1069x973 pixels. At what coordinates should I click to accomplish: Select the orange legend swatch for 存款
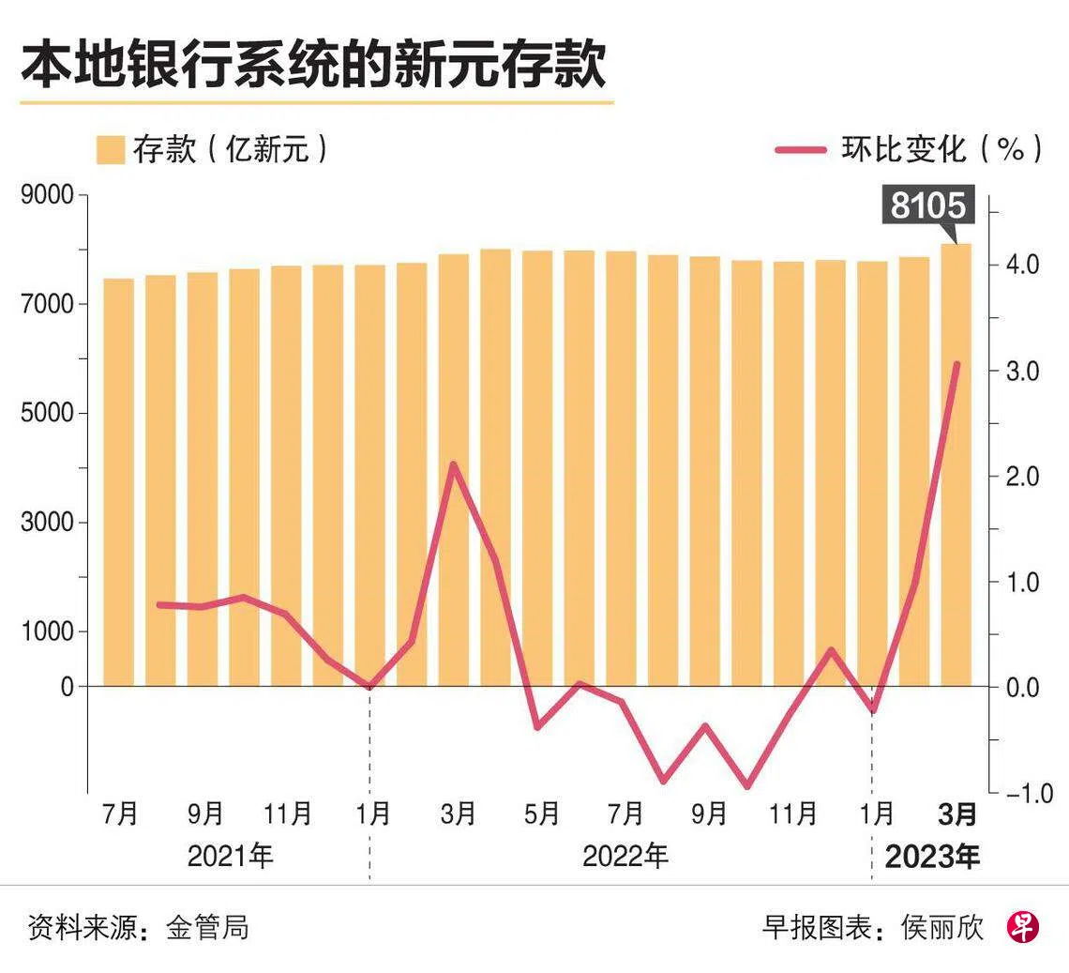[110, 150]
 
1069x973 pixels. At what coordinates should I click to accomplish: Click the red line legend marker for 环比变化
[801, 150]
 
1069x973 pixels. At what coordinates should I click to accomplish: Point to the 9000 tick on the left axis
[47, 195]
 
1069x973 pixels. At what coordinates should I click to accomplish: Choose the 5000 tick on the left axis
[47, 414]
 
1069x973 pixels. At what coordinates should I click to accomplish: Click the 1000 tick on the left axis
[47, 631]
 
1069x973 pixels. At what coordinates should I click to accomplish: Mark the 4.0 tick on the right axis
[1022, 264]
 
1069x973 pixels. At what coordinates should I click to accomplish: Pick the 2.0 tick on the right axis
[1022, 476]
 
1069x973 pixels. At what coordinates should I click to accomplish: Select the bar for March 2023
[956, 464]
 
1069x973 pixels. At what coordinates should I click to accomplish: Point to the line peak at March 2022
[453, 464]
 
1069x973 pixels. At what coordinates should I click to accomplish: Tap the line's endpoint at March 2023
[956, 364]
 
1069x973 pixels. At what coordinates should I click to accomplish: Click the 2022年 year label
[625, 857]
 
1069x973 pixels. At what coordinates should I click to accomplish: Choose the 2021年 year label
[231, 857]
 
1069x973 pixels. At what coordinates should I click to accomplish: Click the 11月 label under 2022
[792, 813]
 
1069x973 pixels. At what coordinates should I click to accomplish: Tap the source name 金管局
[207, 928]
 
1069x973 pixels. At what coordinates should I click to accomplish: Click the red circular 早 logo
[1023, 928]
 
